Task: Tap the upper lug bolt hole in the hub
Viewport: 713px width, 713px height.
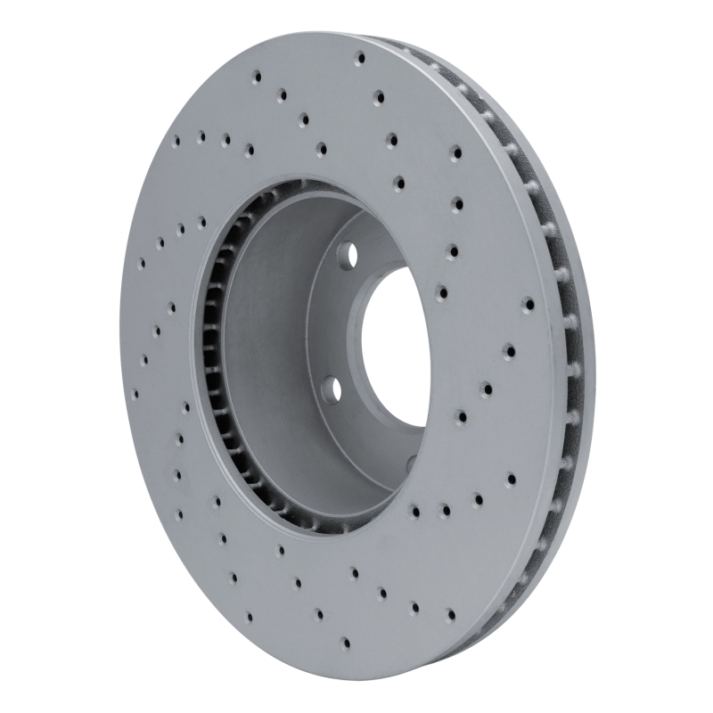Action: [x=349, y=255]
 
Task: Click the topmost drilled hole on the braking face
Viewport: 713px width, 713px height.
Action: [x=360, y=59]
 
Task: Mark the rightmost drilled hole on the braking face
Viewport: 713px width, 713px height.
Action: [x=529, y=304]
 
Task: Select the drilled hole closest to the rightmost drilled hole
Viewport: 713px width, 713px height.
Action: [x=509, y=351]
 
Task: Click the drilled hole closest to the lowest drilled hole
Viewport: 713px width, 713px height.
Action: [x=318, y=613]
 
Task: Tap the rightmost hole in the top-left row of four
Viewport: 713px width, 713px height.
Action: [x=249, y=149]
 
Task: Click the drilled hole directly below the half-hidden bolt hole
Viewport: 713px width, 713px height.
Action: [x=417, y=512]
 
